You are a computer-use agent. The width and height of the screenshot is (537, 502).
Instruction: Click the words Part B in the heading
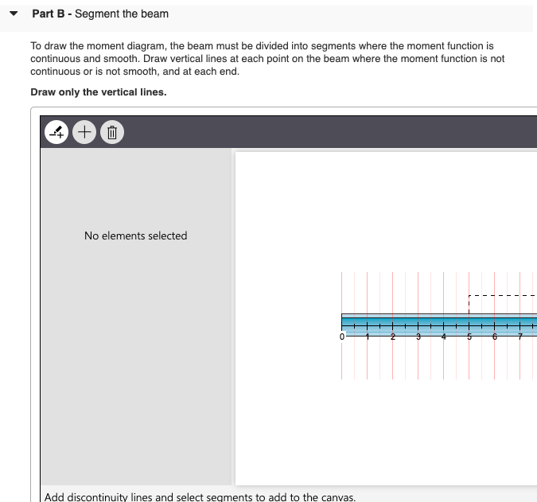(x=49, y=14)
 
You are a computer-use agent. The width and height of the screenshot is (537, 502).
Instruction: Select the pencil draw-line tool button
(x=57, y=132)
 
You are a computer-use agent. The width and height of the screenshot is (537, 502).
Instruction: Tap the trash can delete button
(x=112, y=132)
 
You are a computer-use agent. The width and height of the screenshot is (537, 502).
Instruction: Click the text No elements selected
(x=135, y=235)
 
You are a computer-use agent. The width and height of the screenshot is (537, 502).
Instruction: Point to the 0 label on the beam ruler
(x=342, y=337)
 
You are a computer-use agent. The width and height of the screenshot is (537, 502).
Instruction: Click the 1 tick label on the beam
(x=368, y=337)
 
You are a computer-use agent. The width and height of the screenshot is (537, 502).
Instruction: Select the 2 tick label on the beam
(x=393, y=337)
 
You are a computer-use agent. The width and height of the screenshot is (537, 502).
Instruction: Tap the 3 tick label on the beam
(x=418, y=337)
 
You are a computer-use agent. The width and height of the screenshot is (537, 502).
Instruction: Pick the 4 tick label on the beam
(x=444, y=337)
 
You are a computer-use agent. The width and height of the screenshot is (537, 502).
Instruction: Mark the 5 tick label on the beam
(x=469, y=337)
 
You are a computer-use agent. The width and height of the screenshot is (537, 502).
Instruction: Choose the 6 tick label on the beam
(x=495, y=337)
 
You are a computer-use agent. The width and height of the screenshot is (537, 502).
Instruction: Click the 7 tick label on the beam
(x=520, y=337)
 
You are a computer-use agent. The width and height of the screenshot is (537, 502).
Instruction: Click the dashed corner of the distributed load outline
(x=469, y=295)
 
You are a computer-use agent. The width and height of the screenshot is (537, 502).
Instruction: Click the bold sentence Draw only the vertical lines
(x=99, y=92)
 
